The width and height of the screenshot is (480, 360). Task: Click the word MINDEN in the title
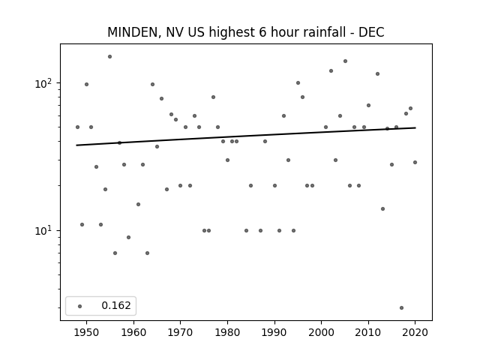[x=133, y=32]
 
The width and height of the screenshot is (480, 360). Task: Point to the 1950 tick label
[x=87, y=332]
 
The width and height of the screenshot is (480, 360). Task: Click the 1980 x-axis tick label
[x=227, y=332]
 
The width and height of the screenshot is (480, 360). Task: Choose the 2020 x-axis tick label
[x=415, y=332]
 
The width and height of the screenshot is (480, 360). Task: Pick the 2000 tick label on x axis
[x=322, y=332]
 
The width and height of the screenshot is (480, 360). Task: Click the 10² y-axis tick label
[x=45, y=83]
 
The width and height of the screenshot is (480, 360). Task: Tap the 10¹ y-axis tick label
[x=45, y=230]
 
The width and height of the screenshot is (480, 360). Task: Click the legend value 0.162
[x=116, y=305]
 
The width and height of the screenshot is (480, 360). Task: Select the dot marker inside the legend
[x=80, y=306]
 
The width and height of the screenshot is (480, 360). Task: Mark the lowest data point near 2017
[x=401, y=307]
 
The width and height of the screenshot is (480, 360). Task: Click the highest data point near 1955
[x=110, y=57]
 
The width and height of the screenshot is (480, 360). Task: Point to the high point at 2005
[x=345, y=61]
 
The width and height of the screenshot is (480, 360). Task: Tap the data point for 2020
[x=415, y=162]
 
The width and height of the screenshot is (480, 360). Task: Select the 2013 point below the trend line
[x=382, y=208]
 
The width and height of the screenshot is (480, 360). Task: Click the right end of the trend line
[x=415, y=127]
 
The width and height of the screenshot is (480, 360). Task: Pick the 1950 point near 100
[x=87, y=84]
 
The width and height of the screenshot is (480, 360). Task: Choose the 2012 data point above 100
[x=377, y=73]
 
